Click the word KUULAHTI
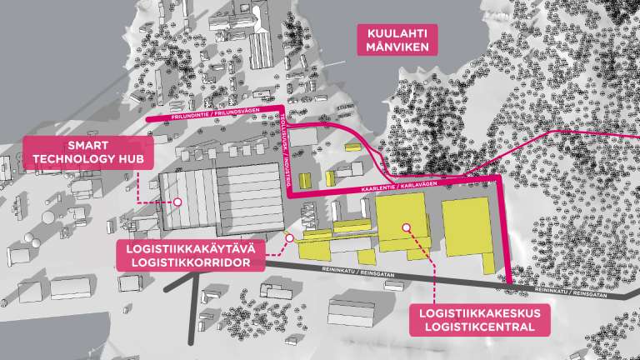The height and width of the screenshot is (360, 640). tap(397, 32)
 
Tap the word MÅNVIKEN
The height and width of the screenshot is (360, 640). tap(397, 47)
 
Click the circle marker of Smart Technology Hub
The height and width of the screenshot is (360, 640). tap(177, 202)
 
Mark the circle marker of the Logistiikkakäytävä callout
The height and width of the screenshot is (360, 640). tap(289, 237)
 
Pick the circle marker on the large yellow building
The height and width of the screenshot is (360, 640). tap(406, 227)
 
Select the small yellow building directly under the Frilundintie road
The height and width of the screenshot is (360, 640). tap(305, 179)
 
